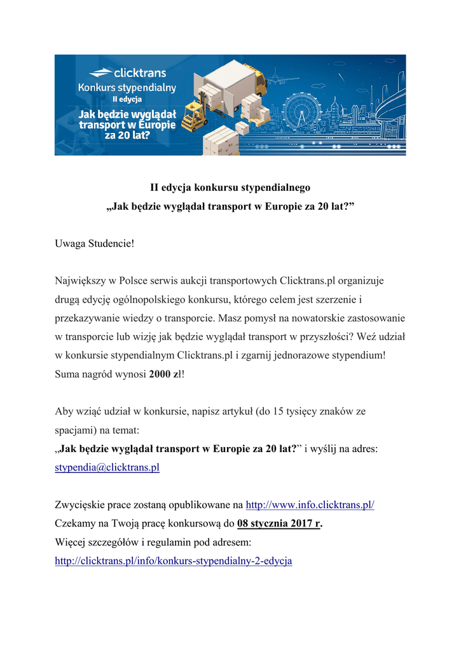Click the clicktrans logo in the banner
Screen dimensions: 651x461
tap(127, 73)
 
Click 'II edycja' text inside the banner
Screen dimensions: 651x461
tap(127, 99)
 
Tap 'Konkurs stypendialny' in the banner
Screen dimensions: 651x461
tap(127, 87)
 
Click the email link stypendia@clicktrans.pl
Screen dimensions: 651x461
tap(107, 467)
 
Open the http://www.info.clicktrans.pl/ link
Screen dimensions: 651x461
tap(310, 505)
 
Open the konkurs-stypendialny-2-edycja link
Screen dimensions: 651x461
tap(174, 561)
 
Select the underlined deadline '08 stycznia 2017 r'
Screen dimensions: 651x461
tap(279, 524)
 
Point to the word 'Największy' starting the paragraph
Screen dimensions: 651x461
tap(79, 280)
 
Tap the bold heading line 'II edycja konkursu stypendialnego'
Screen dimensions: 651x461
tap(230, 188)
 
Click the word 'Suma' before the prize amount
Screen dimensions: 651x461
tap(67, 374)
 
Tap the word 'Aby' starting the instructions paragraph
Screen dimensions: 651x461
tap(64, 411)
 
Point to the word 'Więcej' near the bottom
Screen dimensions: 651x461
tap(70, 543)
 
